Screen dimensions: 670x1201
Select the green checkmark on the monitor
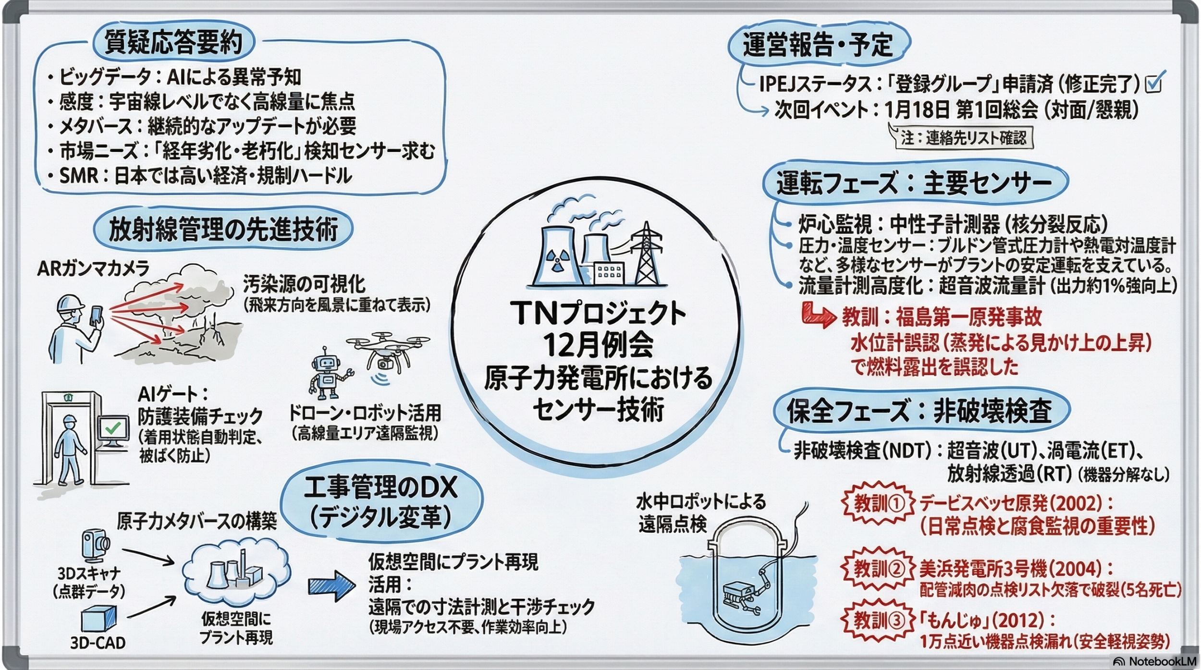(113, 426)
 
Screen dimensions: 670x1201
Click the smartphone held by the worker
(98, 317)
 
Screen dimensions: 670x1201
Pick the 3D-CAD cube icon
(98, 618)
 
